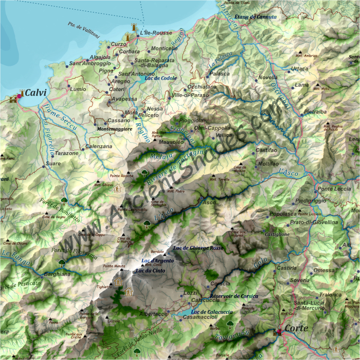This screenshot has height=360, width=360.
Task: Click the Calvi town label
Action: point(35,93)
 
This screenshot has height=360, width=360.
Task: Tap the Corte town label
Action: point(296,328)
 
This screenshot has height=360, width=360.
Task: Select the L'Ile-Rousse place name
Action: point(155,33)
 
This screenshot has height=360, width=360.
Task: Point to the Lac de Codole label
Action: point(161,78)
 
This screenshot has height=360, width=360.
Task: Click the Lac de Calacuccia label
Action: point(212,312)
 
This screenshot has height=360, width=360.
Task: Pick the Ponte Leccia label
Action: point(334,189)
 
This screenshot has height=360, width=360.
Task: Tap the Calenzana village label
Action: point(99,147)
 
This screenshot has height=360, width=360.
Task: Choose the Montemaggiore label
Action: point(115,129)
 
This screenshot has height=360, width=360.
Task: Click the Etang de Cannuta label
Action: point(255,17)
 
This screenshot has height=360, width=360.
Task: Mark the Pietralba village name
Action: point(315,111)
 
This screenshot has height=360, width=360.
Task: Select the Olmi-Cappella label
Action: point(212,128)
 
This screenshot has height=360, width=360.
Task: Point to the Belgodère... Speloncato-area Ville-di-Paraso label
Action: point(190,95)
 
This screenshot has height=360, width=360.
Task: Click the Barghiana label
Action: point(57,274)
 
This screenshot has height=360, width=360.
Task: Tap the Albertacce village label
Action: point(153,314)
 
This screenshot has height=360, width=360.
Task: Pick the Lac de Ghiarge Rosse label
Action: point(199,248)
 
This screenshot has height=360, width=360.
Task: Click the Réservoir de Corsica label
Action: point(234,296)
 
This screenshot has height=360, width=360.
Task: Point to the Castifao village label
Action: point(266,150)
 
